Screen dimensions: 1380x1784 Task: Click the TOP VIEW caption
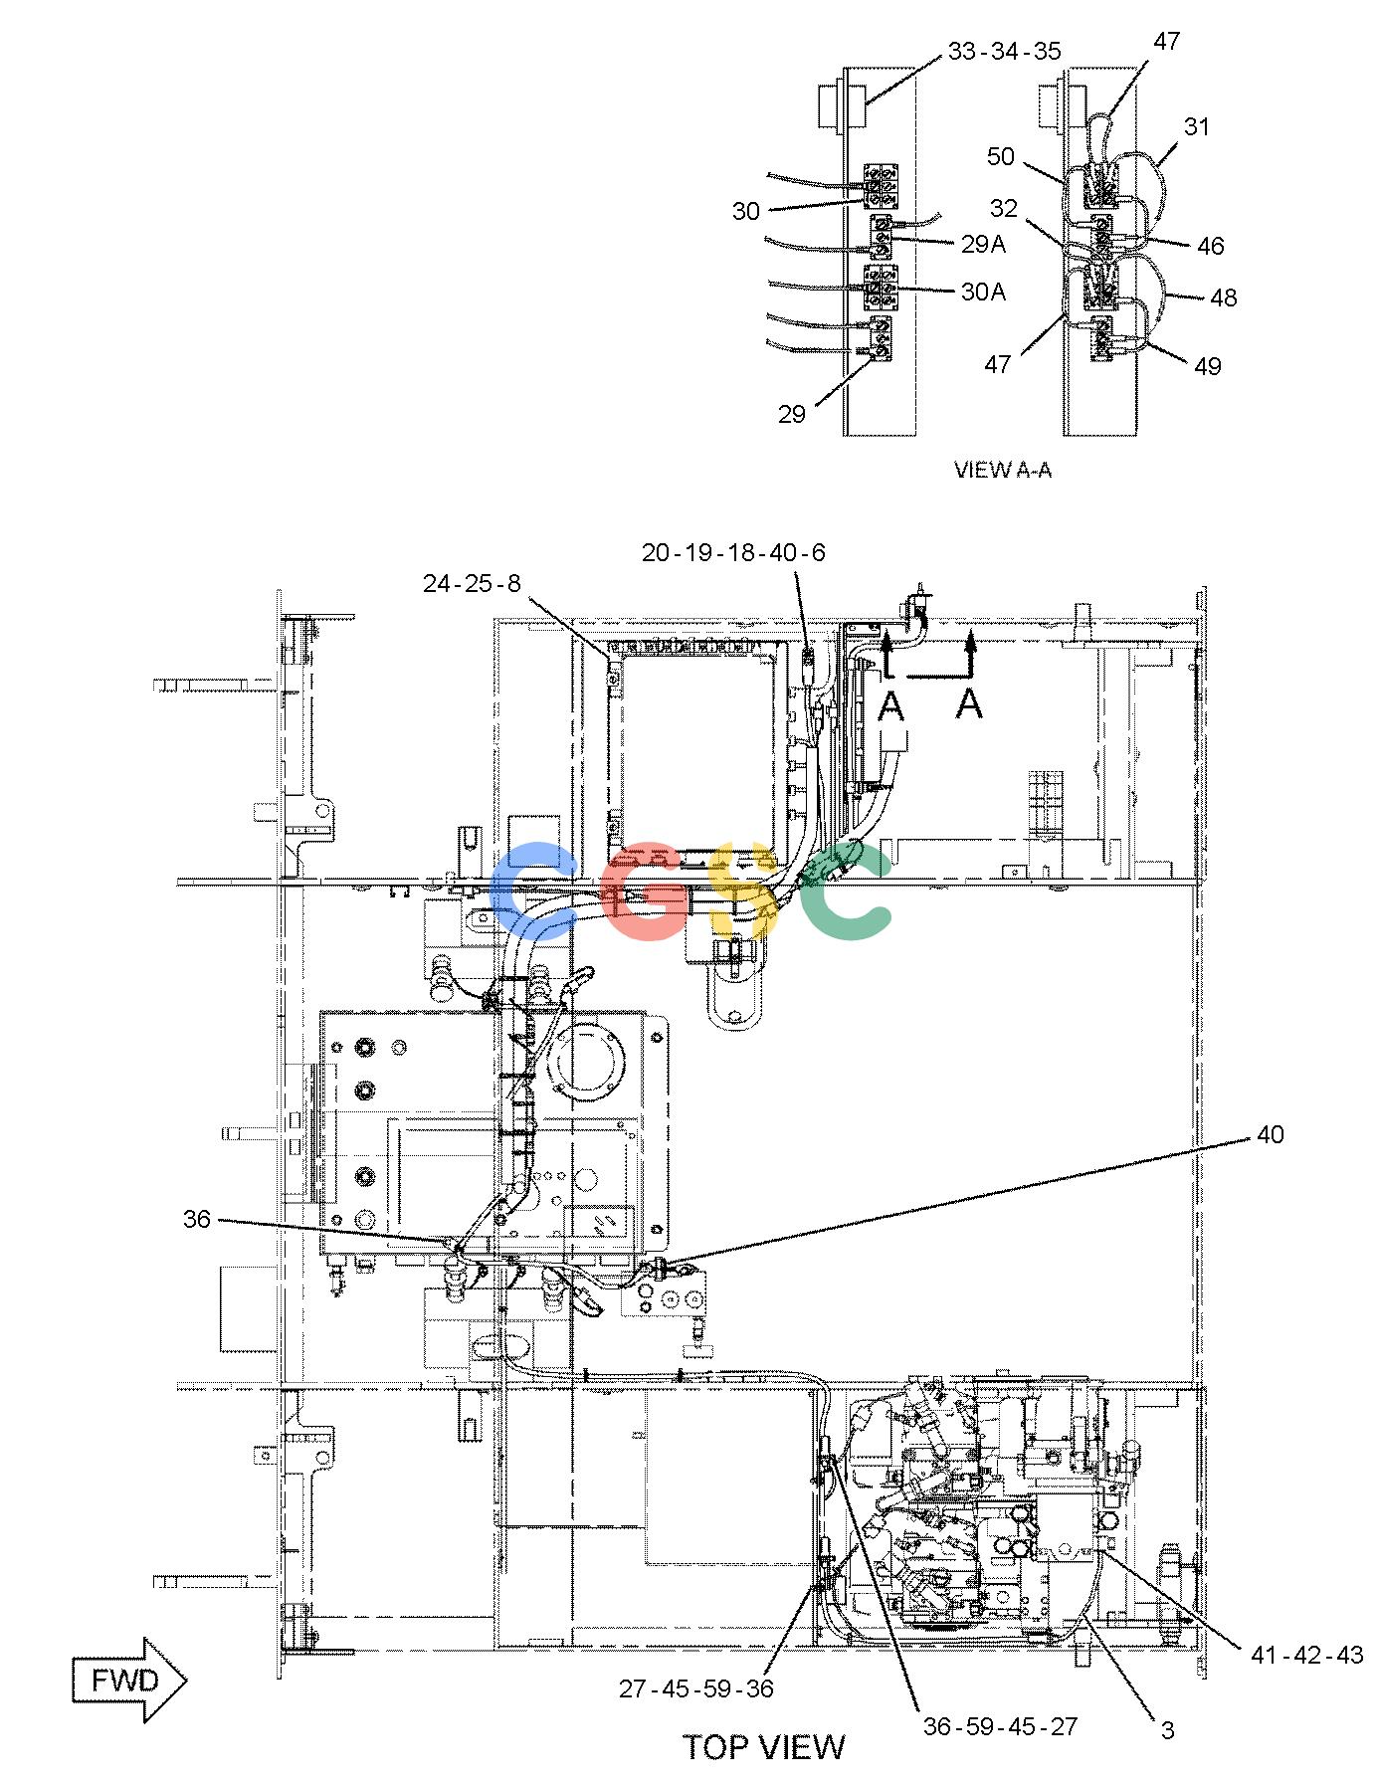coord(763,1747)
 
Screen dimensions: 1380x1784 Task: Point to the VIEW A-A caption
coord(1003,470)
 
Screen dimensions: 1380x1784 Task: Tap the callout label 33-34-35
coord(1004,51)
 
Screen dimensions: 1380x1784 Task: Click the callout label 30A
coord(983,292)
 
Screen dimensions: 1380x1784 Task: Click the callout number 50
coord(1001,157)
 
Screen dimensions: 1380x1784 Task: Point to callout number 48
coord(1224,297)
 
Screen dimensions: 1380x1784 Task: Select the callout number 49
coord(1207,366)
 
